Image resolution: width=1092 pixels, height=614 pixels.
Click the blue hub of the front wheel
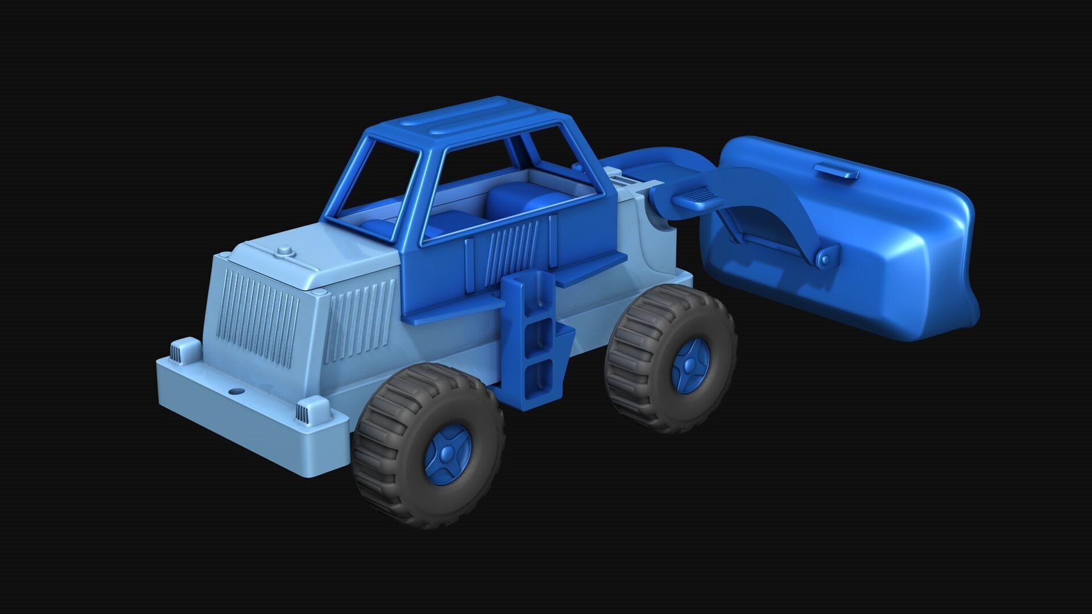coord(448,454)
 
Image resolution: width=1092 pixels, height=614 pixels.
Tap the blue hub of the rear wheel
coord(690,364)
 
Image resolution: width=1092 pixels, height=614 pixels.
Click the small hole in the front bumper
coord(234,392)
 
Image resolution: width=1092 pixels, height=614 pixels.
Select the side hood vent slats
coord(358,321)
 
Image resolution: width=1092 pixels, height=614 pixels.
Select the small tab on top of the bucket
coord(835,170)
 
